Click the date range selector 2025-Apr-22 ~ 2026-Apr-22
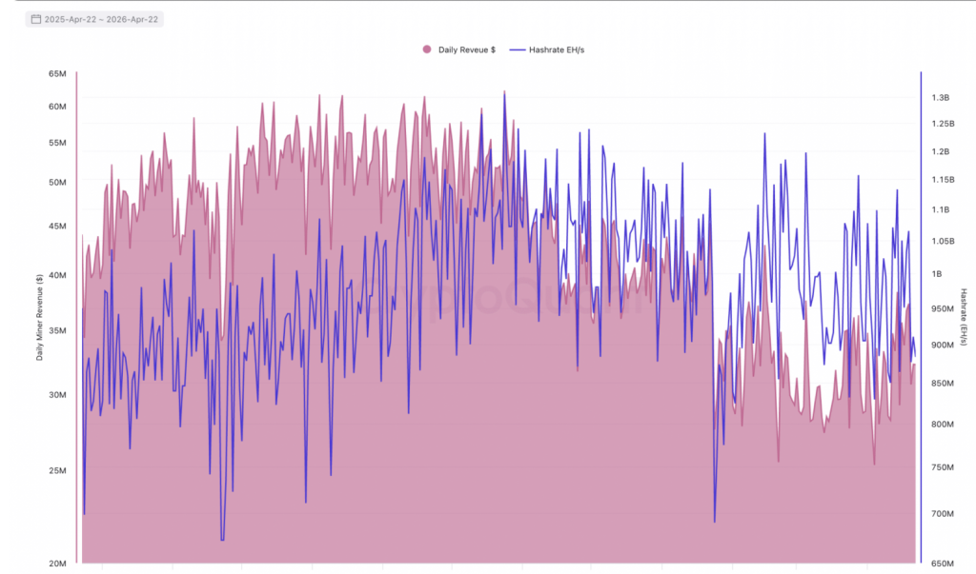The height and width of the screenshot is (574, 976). tap(94, 19)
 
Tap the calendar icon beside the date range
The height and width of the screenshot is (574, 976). tap(35, 19)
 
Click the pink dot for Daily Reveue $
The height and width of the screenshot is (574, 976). tap(426, 49)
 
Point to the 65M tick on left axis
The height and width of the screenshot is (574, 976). tap(57, 74)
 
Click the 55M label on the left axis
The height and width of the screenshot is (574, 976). tap(57, 143)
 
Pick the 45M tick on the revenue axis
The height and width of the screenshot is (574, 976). tap(57, 227)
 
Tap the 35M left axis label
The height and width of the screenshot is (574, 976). tap(57, 331)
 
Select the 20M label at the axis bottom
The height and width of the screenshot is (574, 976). tap(57, 564)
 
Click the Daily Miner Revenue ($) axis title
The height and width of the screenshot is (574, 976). tap(39, 318)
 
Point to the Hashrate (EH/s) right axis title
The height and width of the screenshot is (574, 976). tap(964, 318)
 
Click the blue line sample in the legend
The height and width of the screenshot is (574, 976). tap(518, 49)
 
